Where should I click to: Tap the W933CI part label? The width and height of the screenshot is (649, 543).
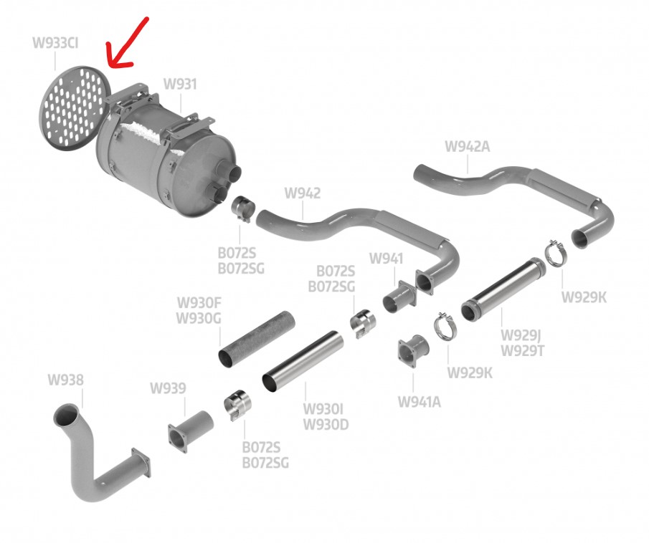pyautogui.click(x=55, y=43)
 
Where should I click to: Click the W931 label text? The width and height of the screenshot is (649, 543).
pyautogui.click(x=180, y=85)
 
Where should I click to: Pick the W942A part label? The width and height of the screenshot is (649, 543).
pyautogui.click(x=467, y=147)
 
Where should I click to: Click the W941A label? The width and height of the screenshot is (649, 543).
pyautogui.click(x=420, y=401)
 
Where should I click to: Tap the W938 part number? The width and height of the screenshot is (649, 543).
pyautogui.click(x=65, y=380)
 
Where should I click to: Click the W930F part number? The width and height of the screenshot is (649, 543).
pyautogui.click(x=199, y=304)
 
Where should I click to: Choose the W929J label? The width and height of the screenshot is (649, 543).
pyautogui.click(x=520, y=335)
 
